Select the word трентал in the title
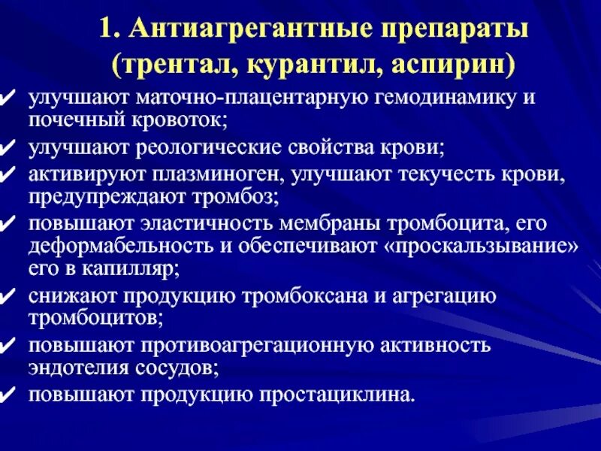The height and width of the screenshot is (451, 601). tap(174, 65)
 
